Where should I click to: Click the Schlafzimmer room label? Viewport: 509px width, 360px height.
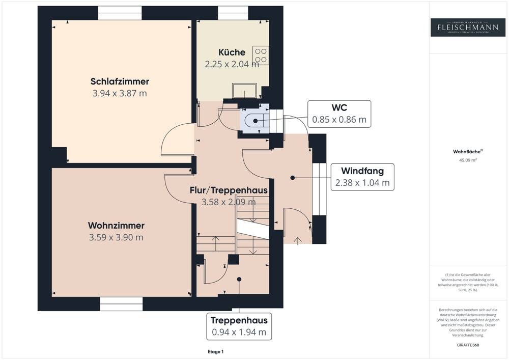click(120, 81)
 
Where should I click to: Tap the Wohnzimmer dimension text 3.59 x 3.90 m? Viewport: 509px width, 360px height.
click(116, 237)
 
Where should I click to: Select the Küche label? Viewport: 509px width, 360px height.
click(232, 52)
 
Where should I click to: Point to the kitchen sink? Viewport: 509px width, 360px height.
click(245, 91)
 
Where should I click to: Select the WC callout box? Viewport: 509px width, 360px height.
click(339, 114)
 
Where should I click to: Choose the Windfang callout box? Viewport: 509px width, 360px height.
click(362, 177)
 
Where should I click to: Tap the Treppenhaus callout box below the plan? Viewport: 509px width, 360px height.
click(239, 326)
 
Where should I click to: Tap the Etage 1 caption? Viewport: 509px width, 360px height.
click(215, 352)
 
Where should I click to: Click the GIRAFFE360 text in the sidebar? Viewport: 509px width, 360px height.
click(468, 345)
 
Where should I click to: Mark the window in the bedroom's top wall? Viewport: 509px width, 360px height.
click(120, 14)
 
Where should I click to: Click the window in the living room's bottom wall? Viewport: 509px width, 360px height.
click(121, 304)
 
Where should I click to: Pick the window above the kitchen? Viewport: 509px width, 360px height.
click(233, 14)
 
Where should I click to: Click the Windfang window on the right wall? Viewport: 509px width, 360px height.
click(319, 189)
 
